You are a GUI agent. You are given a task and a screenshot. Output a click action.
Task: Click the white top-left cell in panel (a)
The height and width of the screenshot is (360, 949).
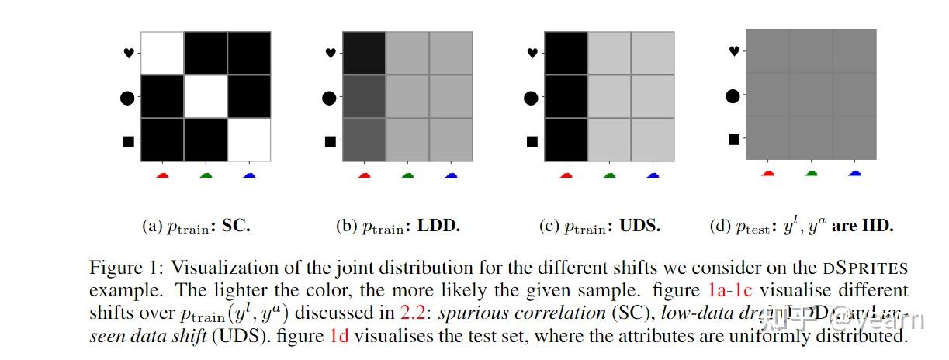(162, 53)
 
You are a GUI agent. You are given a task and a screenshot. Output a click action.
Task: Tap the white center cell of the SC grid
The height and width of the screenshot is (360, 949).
(206, 96)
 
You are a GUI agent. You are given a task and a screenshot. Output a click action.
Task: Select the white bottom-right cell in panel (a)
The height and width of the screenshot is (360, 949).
(249, 140)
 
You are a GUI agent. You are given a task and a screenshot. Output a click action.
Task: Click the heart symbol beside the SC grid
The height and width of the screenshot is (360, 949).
(128, 53)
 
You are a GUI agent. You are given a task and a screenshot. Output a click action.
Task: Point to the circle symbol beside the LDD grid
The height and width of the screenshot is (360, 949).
(330, 97)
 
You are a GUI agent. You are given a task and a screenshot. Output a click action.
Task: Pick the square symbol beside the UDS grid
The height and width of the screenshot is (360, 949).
(532, 141)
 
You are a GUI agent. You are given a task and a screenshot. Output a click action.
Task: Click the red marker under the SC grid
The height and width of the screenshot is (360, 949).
(162, 175)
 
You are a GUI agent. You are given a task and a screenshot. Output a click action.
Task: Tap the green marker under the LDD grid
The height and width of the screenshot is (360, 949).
(407, 175)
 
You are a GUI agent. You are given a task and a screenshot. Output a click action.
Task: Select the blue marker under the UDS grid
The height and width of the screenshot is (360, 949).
(653, 175)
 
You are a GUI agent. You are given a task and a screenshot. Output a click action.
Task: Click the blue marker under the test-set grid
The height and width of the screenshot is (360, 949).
(854, 173)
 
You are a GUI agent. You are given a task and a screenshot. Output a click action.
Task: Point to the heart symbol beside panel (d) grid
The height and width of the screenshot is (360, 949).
(733, 51)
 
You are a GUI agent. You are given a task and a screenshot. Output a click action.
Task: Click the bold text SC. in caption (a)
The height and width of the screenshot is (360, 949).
(236, 227)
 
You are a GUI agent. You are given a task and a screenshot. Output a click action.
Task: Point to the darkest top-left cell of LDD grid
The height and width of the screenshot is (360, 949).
(364, 53)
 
